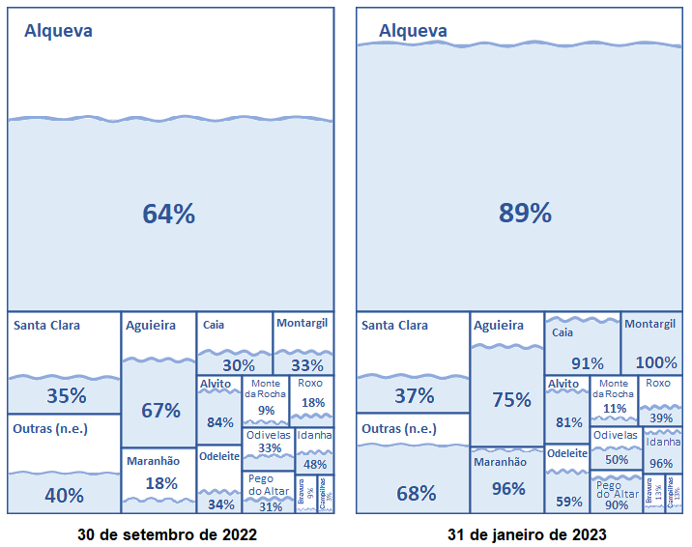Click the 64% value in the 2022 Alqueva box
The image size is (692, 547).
point(169,215)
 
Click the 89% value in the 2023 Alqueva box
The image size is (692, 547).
point(525,214)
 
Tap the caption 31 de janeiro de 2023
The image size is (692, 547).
point(527,534)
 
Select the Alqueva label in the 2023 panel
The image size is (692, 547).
point(413,31)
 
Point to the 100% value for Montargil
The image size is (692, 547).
point(657,363)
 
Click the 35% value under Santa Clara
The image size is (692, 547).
point(67,396)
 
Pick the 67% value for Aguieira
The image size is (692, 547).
point(160,410)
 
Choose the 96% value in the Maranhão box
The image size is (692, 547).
point(508,489)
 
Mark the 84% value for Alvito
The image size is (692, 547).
point(220,422)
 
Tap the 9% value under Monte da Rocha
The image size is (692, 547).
point(266,410)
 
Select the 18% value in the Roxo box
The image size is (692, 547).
point(313,403)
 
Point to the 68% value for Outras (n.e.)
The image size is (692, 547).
point(416,494)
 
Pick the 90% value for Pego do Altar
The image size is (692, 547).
point(617,504)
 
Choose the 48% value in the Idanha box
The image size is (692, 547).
point(314,464)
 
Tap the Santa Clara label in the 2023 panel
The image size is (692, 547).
point(394,326)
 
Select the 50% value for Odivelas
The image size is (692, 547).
point(617,460)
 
